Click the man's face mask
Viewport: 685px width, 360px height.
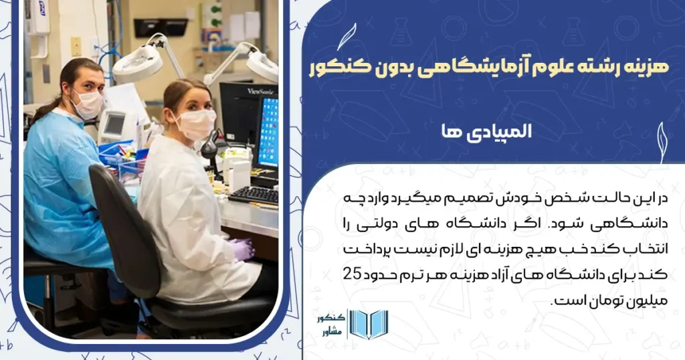point(87,104)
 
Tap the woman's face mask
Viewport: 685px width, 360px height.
point(196,124)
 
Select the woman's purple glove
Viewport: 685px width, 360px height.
point(241,249)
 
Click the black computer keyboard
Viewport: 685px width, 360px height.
point(254,195)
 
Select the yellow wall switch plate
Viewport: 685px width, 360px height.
point(76,46)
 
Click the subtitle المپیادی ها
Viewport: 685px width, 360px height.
point(492,132)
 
